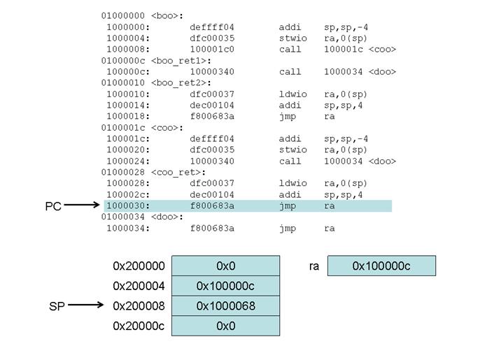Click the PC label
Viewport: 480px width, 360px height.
(53, 207)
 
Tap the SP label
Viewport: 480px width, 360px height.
(57, 306)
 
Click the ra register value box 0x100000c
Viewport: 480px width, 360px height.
(381, 266)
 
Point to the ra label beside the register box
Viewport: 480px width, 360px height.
(313, 266)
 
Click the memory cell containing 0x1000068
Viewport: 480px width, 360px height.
(225, 306)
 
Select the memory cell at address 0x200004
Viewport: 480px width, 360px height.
(225, 286)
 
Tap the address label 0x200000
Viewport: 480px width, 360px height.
(139, 266)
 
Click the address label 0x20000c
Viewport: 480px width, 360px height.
(139, 326)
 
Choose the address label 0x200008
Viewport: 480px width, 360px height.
(139, 306)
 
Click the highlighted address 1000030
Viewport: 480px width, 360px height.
(128, 206)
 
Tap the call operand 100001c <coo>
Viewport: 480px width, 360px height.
(360, 49)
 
